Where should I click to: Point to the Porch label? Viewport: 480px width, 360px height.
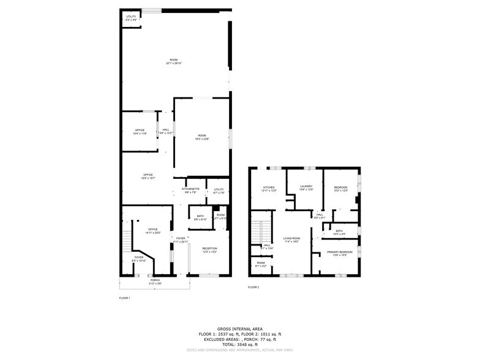[156, 282]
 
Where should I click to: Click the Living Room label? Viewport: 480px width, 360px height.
[291, 240]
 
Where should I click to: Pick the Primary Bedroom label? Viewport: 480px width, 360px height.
[339, 253]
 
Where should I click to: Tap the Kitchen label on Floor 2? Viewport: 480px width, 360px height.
[269, 189]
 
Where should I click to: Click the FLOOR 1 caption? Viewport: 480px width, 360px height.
[124, 298]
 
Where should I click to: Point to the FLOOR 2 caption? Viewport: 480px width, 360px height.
[253, 287]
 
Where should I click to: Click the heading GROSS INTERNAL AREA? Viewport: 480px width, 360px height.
[239, 329]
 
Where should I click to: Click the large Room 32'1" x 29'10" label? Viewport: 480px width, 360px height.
[174, 61]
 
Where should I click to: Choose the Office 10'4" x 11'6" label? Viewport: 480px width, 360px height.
[140, 132]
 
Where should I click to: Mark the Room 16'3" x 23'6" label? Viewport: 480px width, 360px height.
[202, 137]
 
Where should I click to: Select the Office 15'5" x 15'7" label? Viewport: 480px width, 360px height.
[148, 176]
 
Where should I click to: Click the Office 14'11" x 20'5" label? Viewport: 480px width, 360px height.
[153, 231]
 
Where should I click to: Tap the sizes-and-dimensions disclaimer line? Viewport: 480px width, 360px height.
[239, 351]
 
